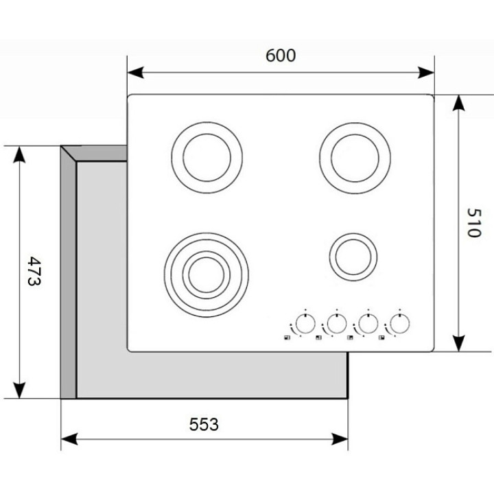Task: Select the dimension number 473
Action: coord(34,272)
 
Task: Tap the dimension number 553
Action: coord(204,425)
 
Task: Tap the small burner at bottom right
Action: coord(352,257)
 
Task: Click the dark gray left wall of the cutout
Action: coord(68,274)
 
